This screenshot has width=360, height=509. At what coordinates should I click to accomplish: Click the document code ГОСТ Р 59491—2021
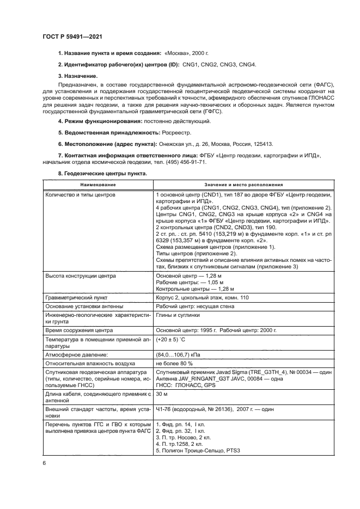point(72,36)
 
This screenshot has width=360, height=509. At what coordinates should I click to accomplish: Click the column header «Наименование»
point(95,185)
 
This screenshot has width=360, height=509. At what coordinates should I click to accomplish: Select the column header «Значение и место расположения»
point(243,185)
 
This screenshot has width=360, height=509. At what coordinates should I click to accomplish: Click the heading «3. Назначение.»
point(78,77)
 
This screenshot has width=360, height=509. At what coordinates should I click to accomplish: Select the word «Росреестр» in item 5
point(176,132)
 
